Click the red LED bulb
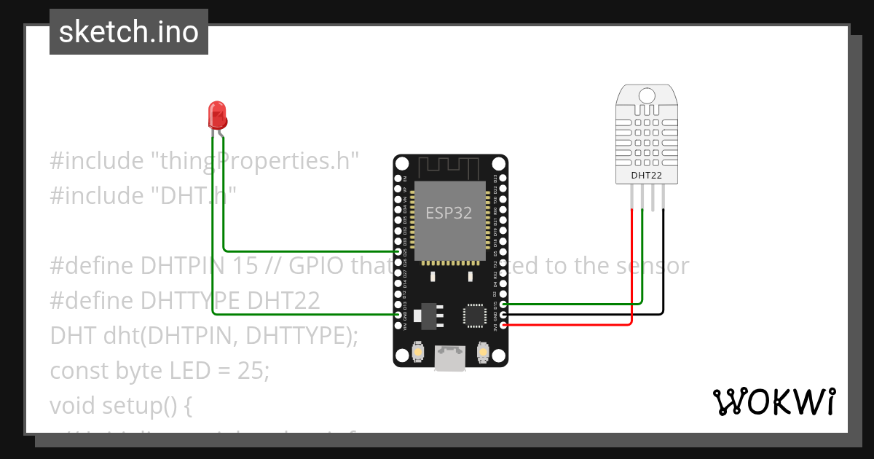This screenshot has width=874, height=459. point(218,115)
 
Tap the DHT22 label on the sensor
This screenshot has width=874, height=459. point(647,176)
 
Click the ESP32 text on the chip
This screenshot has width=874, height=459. point(449,213)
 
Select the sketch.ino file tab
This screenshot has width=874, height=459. point(129,32)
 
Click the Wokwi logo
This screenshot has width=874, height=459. point(773,401)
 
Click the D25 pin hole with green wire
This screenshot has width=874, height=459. point(398,251)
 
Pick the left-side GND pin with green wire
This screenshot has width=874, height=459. point(398,315)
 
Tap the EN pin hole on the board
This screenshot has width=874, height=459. point(398,178)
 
